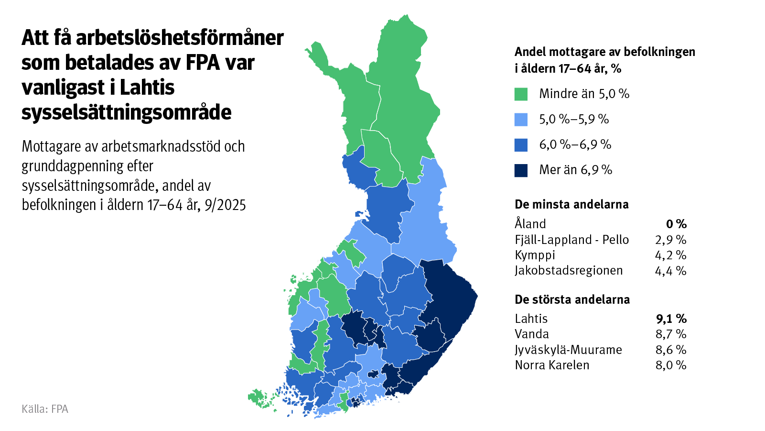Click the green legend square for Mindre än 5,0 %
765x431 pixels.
click(x=521, y=94)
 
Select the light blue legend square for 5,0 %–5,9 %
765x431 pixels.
click(x=521, y=120)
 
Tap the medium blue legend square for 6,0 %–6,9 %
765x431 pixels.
click(x=521, y=145)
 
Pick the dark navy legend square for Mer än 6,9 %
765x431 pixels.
click(x=521, y=170)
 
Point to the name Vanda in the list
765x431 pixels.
click(x=532, y=334)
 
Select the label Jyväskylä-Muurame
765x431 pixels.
click(x=568, y=350)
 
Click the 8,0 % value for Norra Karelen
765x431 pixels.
click(x=671, y=365)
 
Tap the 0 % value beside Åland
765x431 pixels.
click(x=676, y=224)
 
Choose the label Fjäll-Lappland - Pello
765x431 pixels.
click(x=571, y=240)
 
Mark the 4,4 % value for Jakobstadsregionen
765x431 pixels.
click(x=670, y=271)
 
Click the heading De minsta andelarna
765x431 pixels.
click(x=571, y=205)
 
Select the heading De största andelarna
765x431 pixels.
click(x=572, y=300)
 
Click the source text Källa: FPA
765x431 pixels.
click(x=45, y=409)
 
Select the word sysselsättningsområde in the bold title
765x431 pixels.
click(x=126, y=112)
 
